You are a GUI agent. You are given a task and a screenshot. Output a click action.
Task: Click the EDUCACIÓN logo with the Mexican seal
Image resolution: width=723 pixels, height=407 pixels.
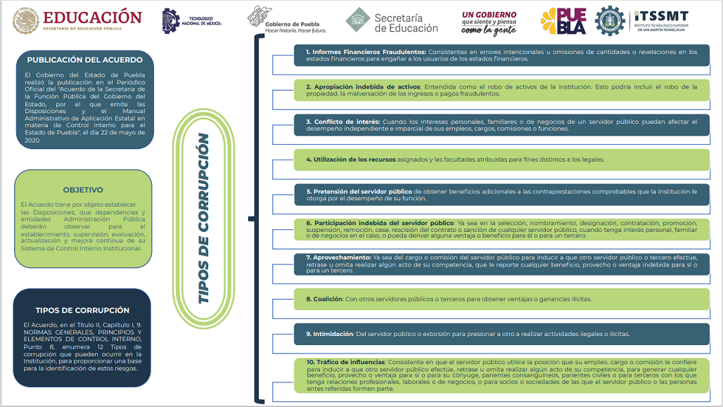[77, 21]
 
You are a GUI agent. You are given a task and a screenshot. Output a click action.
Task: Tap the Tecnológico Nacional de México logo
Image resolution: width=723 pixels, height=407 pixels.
[191, 21]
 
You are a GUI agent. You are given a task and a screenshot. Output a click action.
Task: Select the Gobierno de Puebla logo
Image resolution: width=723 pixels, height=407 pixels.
[286, 20]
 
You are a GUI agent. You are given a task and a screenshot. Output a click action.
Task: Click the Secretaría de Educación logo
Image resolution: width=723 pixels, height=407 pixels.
[392, 20]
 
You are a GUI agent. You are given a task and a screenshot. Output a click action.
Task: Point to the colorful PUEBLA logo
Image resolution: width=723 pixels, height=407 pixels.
[563, 21]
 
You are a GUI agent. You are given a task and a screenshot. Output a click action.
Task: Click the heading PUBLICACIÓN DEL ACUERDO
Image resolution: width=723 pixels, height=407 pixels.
[85, 60]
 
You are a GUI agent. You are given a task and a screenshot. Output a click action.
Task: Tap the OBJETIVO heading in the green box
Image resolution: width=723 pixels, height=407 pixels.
[83, 190]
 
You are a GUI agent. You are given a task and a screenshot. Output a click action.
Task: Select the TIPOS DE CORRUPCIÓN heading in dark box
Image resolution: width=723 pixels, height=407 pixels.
[82, 310]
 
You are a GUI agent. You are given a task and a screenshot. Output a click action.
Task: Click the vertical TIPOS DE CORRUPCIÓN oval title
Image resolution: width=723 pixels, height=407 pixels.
[203, 218]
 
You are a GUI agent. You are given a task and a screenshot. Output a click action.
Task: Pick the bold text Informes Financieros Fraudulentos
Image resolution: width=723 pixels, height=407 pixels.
[366, 52]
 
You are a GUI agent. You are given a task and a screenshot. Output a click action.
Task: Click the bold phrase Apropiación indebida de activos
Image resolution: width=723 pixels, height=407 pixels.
[364, 86]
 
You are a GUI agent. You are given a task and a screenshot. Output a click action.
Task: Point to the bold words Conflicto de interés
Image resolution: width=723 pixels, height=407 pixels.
[343, 122]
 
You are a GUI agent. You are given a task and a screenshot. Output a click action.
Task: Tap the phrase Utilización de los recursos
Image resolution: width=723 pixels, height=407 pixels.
[351, 160]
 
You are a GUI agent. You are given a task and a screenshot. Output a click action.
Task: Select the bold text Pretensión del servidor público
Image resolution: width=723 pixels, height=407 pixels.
[359, 191]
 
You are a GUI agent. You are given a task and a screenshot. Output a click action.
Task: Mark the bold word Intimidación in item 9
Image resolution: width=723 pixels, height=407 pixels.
[329, 334]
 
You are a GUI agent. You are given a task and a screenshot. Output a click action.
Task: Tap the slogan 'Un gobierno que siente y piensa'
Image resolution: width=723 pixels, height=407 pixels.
[490, 18]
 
